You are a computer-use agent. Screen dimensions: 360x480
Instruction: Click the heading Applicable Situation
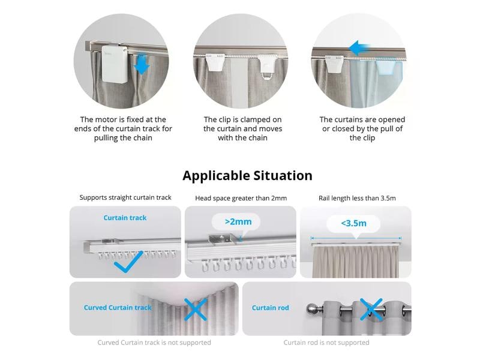[x=247, y=175]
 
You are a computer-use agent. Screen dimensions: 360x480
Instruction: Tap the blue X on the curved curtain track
[x=195, y=308]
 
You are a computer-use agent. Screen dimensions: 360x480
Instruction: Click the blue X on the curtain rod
[x=372, y=308]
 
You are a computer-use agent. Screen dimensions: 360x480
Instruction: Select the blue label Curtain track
[x=125, y=217]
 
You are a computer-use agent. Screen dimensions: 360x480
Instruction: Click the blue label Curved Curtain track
[x=118, y=308]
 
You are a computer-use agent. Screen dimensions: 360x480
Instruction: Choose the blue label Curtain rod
[x=270, y=308]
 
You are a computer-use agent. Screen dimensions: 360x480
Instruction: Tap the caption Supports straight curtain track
[x=125, y=197]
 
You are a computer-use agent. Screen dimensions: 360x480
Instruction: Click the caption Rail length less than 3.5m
[x=355, y=197]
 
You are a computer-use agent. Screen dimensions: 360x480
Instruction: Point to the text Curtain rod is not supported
[x=326, y=343]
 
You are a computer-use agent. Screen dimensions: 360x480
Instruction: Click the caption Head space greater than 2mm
[x=240, y=197]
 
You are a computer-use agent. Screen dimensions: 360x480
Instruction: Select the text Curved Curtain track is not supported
[x=154, y=343]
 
